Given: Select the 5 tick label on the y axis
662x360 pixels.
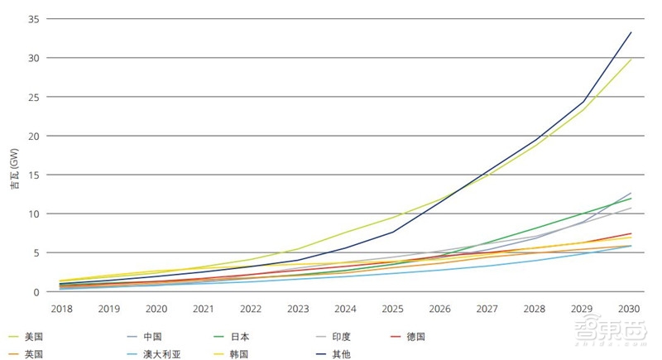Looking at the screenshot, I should click(37, 252).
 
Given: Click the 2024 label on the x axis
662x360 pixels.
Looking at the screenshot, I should click(345, 308).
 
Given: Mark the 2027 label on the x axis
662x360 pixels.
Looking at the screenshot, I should click(488, 308).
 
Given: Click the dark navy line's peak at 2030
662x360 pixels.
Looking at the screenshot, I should click(631, 32).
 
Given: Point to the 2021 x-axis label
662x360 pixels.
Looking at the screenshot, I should click(203, 308).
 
